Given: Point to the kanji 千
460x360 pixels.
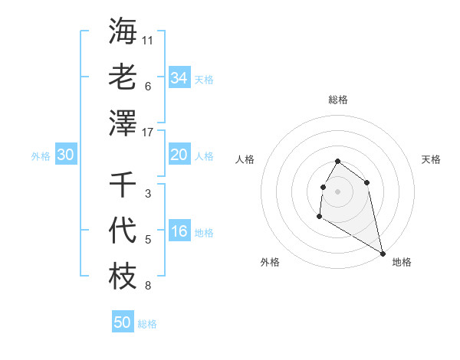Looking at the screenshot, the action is click(123, 184).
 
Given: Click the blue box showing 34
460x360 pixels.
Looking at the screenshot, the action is click(179, 77).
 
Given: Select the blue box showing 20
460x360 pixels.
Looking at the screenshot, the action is click(179, 155).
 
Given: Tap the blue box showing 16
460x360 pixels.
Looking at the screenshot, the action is click(179, 232).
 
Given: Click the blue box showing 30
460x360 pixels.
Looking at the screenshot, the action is click(66, 155).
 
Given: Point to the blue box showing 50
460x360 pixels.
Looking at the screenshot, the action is click(123, 322).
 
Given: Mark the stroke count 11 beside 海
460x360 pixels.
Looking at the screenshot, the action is click(148, 40).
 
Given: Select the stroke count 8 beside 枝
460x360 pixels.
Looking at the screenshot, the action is click(148, 286).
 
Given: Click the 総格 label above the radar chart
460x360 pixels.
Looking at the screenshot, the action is click(338, 100).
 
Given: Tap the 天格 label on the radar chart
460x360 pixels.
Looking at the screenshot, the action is click(431, 159).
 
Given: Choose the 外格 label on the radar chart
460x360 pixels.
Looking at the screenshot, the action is click(270, 262).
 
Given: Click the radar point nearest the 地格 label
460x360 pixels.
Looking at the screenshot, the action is click(383, 253).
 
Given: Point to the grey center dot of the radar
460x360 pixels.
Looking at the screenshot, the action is click(338, 191).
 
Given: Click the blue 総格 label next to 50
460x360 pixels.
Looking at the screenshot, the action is click(147, 324).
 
